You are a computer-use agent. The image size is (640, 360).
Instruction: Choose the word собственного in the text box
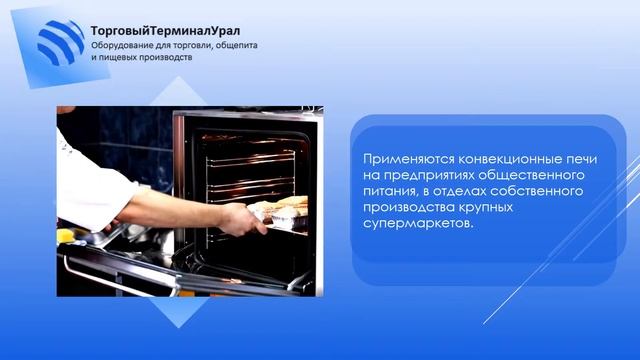[528, 191]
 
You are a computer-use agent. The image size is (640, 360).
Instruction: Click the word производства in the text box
[410, 207]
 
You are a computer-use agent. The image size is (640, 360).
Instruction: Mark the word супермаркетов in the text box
[412, 223]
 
